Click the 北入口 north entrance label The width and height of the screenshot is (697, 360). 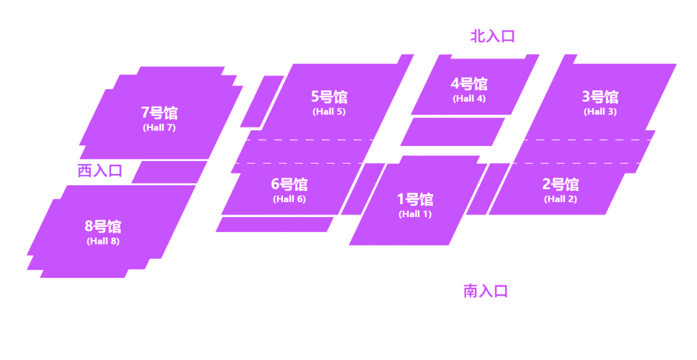(492, 36)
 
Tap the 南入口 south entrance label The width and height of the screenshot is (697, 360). (485, 291)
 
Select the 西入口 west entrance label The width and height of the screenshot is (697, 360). (100, 171)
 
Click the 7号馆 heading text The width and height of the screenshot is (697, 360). (159, 113)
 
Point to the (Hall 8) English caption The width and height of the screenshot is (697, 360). (103, 241)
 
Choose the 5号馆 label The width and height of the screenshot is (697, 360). (329, 97)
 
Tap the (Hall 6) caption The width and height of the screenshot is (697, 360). (289, 199)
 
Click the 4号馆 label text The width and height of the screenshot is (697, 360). (469, 84)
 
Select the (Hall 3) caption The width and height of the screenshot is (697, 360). (600, 112)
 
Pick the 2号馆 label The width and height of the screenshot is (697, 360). (560, 185)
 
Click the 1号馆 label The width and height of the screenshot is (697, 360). (415, 200)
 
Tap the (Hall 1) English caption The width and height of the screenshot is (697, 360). (415, 214)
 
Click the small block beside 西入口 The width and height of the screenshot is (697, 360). (169, 172)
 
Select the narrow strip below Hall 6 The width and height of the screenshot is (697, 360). (274, 225)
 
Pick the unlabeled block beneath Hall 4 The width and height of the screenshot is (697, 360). (452, 132)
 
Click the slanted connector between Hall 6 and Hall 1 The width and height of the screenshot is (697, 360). (363, 189)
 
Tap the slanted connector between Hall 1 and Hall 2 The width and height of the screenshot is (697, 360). (488, 189)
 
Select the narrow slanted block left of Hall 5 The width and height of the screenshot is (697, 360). (261, 101)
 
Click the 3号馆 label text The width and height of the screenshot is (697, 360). (600, 97)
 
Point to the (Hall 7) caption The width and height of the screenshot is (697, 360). (159, 128)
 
